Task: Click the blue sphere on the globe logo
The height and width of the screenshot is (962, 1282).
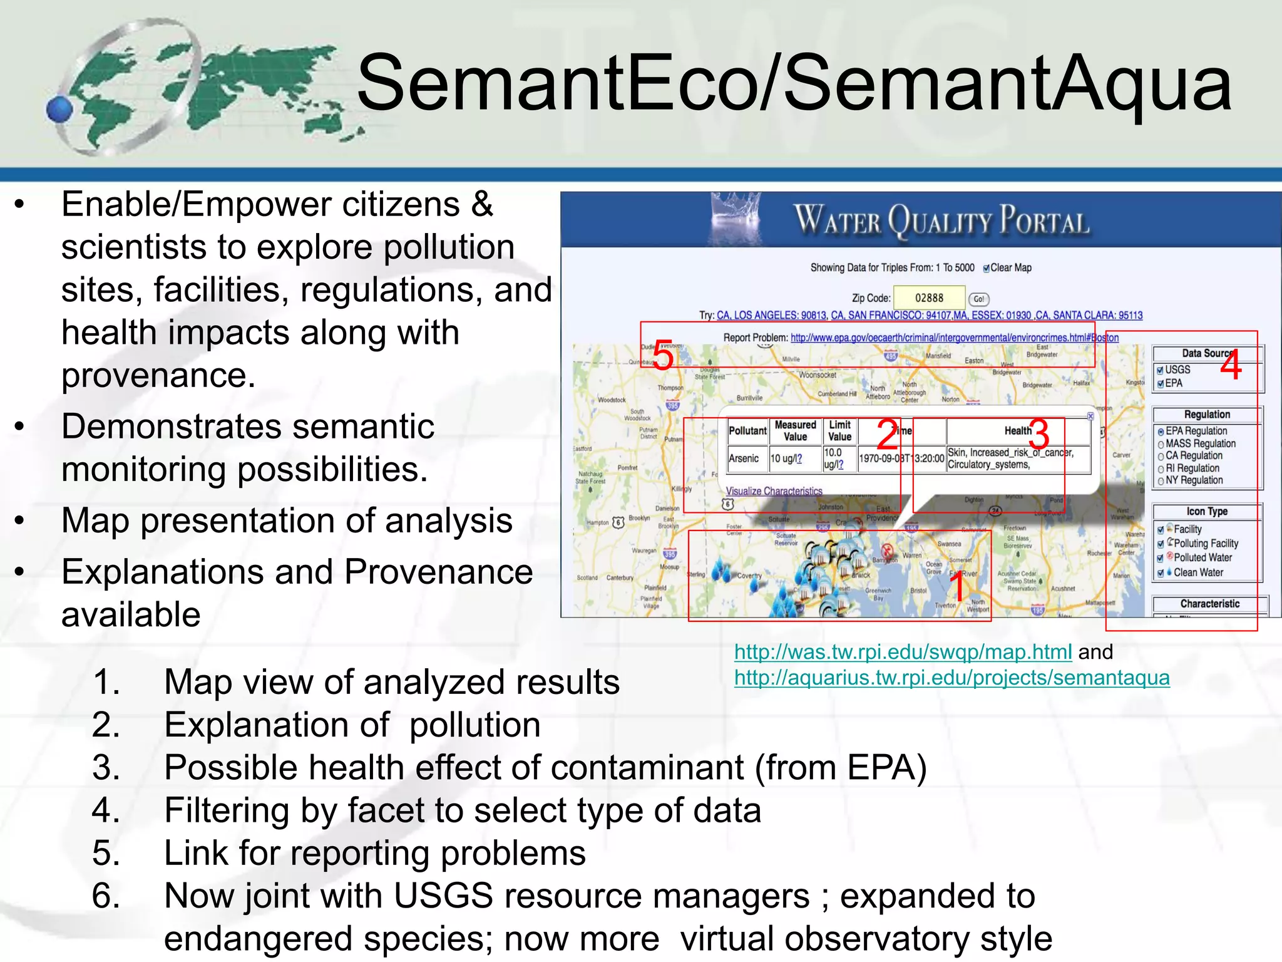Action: point(60,109)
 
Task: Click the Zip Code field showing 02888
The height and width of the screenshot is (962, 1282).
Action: point(928,298)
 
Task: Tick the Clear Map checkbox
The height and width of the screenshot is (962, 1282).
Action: point(987,269)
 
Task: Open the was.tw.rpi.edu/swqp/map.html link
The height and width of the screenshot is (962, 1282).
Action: point(903,652)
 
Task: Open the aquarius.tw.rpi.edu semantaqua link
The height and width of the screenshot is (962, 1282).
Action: point(951,678)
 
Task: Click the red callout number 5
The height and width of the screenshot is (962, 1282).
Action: point(663,356)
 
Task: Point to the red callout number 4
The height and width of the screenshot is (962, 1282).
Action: point(1231,366)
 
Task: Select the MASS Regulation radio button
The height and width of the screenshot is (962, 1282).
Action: point(1161,444)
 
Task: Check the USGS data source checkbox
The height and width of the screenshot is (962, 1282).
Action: point(1160,370)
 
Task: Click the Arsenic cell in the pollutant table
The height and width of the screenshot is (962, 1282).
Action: point(744,458)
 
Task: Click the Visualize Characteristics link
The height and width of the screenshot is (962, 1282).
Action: point(774,491)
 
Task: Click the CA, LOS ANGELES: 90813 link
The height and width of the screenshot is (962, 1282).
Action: point(771,315)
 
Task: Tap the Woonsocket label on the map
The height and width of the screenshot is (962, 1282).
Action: point(818,375)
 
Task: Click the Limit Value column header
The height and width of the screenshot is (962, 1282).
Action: point(839,431)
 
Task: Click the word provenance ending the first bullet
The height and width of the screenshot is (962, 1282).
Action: point(158,375)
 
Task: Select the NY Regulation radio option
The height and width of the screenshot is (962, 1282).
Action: point(1161,481)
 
